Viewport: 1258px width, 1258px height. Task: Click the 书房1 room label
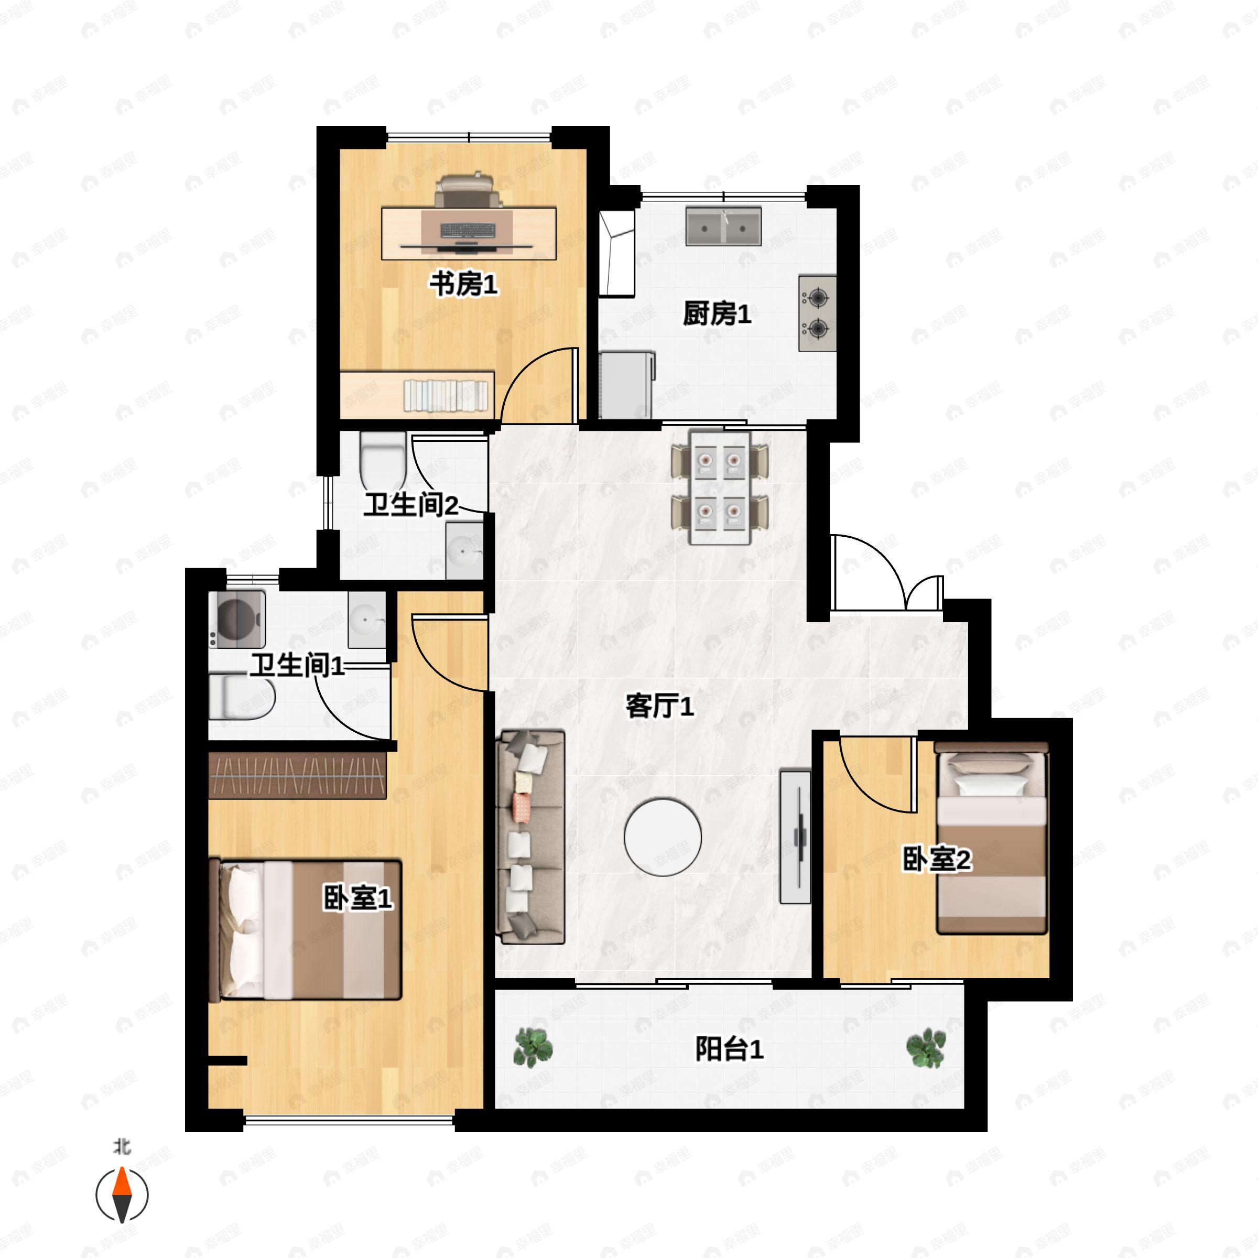(463, 285)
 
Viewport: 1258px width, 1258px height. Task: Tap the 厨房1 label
(717, 314)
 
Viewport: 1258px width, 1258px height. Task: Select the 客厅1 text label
(659, 706)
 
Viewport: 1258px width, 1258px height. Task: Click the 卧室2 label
(936, 860)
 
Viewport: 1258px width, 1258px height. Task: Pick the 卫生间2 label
(411, 505)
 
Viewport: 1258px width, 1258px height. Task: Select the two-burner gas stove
(817, 313)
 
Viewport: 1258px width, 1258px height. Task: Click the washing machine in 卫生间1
(237, 619)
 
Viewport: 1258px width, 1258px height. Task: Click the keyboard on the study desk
(468, 231)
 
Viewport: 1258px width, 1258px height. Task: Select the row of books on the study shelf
(446, 395)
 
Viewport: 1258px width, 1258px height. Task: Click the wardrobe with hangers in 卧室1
(298, 776)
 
